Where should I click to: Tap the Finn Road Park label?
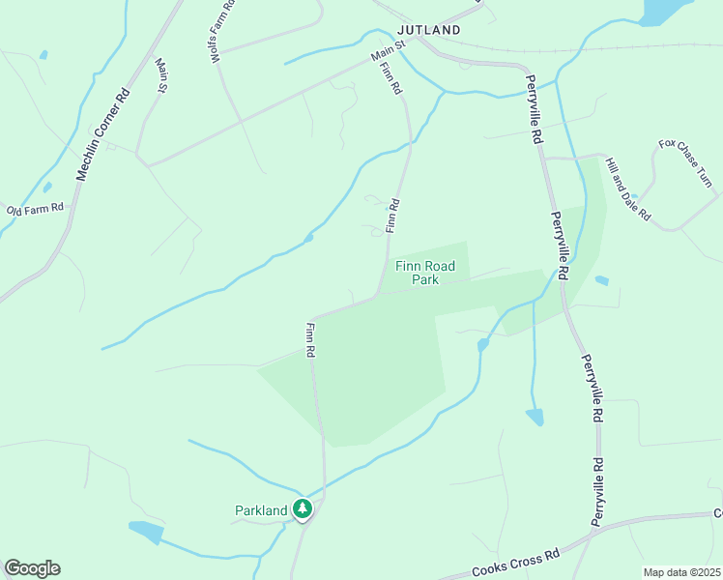[431, 273]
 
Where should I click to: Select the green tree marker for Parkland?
[303, 508]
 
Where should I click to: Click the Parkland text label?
[261, 510]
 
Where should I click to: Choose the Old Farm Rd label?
[35, 209]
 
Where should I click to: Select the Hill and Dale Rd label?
[627, 188]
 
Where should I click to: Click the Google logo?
[32, 568]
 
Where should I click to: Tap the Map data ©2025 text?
[682, 572]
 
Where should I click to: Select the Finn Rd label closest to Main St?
[390, 78]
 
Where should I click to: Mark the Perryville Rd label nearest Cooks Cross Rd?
[599, 493]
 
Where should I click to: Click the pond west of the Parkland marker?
[146, 532]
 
